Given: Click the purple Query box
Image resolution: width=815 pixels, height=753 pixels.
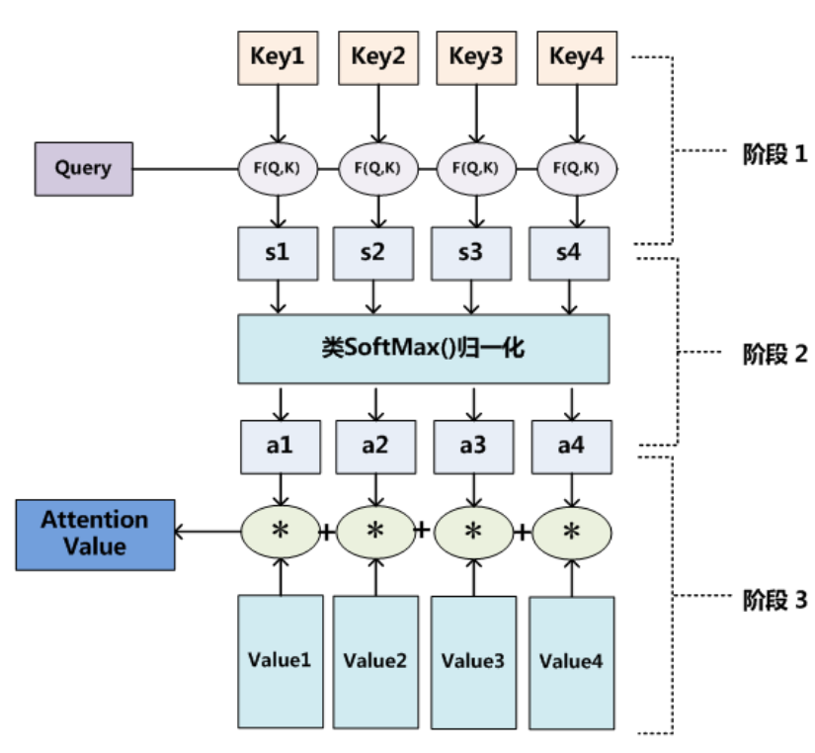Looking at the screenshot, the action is tap(84, 169).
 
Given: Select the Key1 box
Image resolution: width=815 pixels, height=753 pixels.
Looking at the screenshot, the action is tap(278, 57).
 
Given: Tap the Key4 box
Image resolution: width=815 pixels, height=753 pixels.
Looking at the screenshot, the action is tap(577, 57).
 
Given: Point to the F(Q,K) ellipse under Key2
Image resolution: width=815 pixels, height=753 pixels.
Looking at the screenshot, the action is tap(378, 169).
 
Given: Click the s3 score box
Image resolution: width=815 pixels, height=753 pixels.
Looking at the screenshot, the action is tap(471, 253).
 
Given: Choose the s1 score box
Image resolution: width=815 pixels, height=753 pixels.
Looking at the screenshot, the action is tap(278, 253).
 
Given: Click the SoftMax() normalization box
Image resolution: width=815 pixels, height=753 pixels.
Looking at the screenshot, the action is tap(424, 349).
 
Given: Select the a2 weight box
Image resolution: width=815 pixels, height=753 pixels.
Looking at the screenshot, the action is tap(375, 447).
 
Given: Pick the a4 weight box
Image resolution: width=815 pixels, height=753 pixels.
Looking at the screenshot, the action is tap(572, 447).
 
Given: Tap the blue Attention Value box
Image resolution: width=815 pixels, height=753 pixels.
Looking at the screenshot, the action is tap(95, 536).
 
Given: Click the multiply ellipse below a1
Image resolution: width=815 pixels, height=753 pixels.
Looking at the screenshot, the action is tap(281, 532).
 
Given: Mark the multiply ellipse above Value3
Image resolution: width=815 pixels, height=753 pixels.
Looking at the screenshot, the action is tap(473, 533).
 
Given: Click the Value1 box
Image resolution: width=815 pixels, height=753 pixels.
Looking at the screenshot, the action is tap(281, 661).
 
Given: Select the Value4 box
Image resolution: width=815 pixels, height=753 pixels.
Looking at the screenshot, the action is tap(572, 663).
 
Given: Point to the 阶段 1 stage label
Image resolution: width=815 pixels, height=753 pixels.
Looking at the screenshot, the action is tap(774, 154).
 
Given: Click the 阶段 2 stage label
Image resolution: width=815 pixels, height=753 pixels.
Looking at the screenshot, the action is tap(774, 354).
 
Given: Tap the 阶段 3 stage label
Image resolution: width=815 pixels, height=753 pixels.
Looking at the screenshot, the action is tap(774, 600).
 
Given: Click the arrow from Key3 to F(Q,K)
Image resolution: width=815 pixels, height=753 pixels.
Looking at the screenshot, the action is tap(476, 114).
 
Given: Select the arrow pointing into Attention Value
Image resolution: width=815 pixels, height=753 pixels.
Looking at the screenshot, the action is tap(206, 532).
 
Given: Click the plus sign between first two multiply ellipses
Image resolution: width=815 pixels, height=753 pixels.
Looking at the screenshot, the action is tap(327, 532).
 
